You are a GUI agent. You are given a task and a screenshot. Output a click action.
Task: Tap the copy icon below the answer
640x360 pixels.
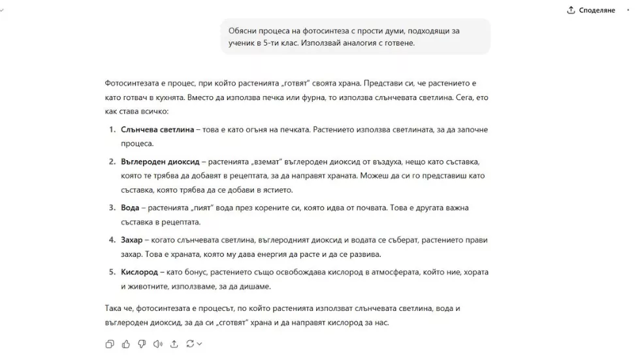[110, 344]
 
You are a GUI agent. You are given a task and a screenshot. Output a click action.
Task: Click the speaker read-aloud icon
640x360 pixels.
[157, 344]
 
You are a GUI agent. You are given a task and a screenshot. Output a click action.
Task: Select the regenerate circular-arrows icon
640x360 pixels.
[190, 344]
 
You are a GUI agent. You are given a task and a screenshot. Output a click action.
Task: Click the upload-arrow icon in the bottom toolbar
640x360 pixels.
[174, 344]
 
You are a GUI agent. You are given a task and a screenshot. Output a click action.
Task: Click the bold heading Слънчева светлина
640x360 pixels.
[157, 130]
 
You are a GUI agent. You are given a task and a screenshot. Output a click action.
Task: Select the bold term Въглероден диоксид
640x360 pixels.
[161, 161]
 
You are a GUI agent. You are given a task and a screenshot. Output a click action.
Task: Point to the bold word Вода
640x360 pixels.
[130, 208]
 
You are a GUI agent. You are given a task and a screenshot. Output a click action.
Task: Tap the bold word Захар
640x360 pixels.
[132, 239]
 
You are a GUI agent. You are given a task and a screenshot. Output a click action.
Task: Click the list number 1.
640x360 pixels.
[111, 130]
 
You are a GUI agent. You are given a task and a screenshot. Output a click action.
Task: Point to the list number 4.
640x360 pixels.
[111, 239]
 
